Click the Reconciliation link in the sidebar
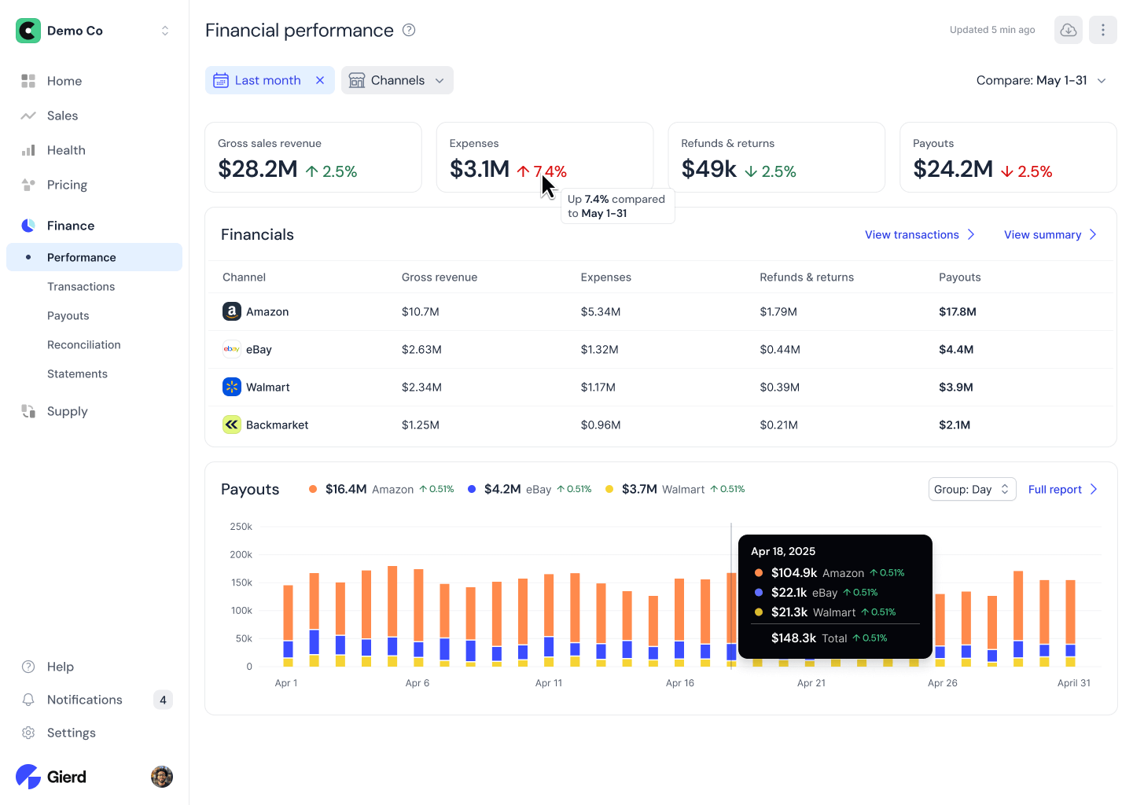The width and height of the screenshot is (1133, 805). click(x=83, y=344)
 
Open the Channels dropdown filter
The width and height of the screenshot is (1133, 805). click(x=397, y=80)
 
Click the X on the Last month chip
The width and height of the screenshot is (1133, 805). click(x=320, y=80)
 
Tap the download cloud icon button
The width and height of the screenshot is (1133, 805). click(x=1068, y=30)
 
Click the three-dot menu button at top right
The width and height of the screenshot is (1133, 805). click(x=1102, y=30)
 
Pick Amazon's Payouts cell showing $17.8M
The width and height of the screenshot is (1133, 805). click(x=957, y=311)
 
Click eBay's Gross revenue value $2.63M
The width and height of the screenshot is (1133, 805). click(x=421, y=349)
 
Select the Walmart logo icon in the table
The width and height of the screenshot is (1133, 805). click(x=231, y=387)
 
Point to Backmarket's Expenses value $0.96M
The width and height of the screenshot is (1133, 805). click(x=600, y=425)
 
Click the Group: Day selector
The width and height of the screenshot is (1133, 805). click(x=971, y=489)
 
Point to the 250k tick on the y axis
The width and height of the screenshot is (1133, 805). click(x=241, y=527)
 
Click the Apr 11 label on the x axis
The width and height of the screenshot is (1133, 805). click(x=548, y=682)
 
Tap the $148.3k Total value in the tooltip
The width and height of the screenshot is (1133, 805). click(x=793, y=638)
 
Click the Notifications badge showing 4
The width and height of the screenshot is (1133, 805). click(x=163, y=700)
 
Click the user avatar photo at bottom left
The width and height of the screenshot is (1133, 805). click(x=161, y=777)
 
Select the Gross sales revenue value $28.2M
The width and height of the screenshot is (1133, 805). click(x=257, y=169)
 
